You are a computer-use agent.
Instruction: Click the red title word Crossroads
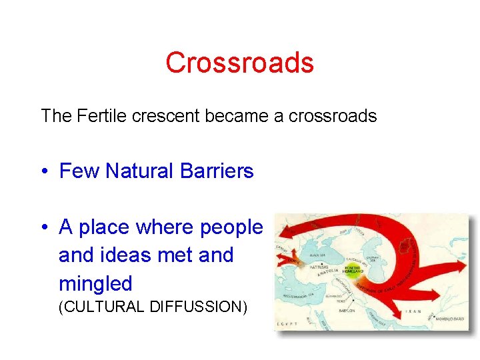click(239, 63)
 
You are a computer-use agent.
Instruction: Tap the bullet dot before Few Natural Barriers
click(44, 171)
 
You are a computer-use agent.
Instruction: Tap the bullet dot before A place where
click(44, 228)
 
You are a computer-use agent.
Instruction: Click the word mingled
click(95, 283)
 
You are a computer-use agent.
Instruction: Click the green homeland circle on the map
click(351, 270)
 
